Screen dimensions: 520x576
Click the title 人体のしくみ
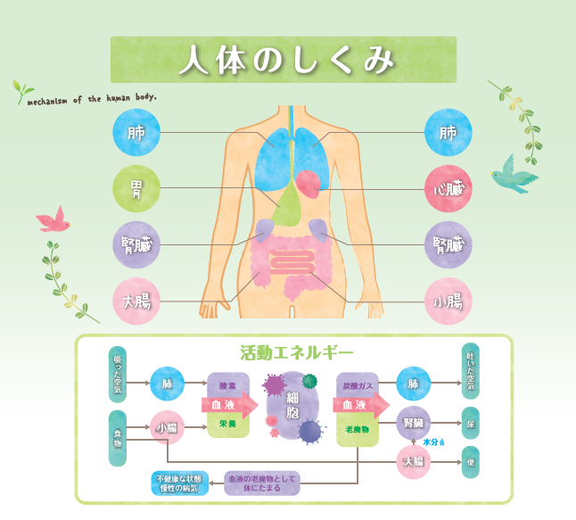coord(284,60)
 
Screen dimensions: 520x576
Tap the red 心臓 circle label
coord(448,188)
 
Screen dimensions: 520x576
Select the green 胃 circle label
coord(136,188)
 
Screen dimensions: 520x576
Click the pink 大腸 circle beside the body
coord(136,301)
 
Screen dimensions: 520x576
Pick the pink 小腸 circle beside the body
coord(448,301)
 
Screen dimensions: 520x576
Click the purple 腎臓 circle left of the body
coord(136,244)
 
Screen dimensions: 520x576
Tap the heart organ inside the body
coord(308,184)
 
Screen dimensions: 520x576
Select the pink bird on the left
coord(53,219)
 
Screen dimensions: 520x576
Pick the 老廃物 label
coord(356,430)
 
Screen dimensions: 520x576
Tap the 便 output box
coord(470,462)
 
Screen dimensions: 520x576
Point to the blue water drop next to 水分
coord(441,441)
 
